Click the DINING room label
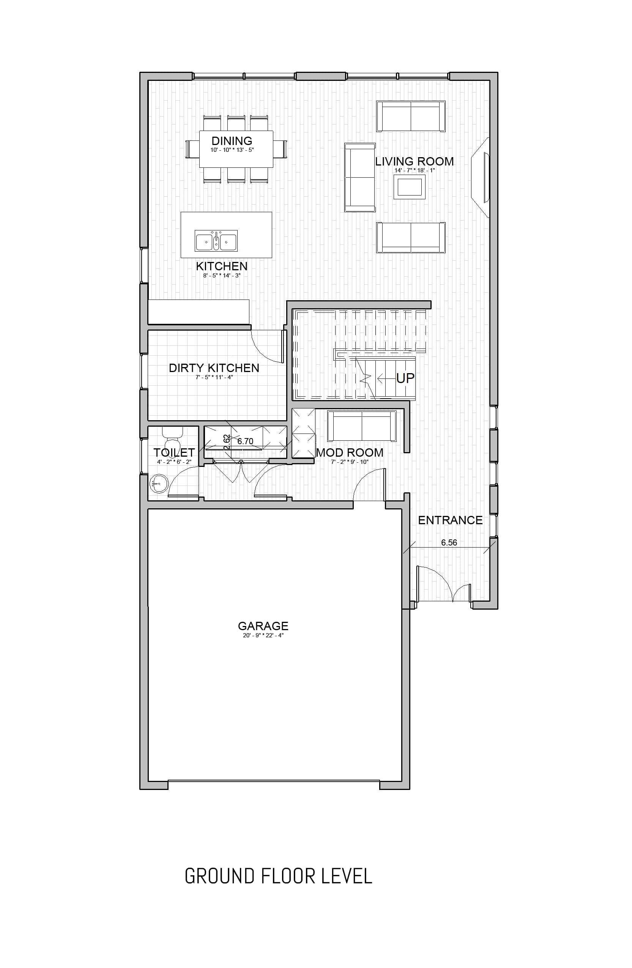point(232,141)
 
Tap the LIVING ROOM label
point(415,161)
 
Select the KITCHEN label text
point(222,266)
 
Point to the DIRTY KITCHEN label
point(214,368)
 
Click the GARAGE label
point(263,626)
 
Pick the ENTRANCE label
point(450,520)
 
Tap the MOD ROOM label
point(350,452)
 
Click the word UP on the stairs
point(405,378)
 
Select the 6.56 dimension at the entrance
point(449,542)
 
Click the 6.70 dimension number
point(245,441)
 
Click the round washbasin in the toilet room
point(159,484)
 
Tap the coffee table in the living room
point(410,187)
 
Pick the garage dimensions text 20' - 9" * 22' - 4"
point(263,635)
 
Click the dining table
point(236,149)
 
